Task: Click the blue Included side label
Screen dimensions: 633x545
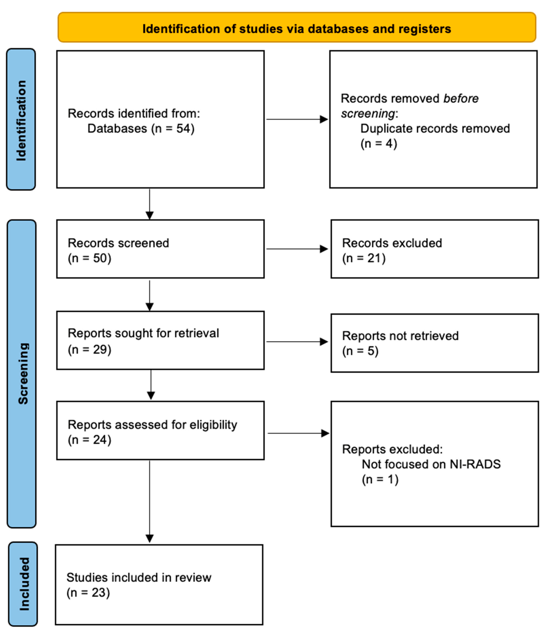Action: pos(23,584)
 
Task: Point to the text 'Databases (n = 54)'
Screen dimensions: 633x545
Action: pos(141,129)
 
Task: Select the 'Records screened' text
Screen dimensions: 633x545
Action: pos(118,243)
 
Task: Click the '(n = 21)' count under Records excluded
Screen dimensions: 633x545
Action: pos(364,258)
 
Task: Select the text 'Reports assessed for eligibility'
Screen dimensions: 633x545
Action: pos(152,425)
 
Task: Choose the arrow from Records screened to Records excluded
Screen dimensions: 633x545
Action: pos(297,249)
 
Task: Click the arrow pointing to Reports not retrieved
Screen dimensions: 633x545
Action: pos(297,342)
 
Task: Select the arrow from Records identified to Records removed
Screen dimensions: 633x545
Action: pos(297,119)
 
